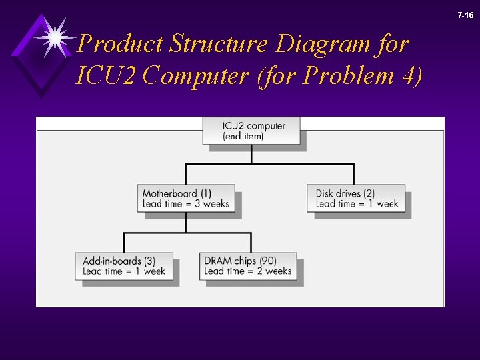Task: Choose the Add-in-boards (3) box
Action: coord(124,266)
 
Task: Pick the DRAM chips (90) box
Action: coord(248,266)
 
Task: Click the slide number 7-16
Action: coord(465,15)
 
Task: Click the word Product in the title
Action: coord(120,45)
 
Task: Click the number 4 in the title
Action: coord(407,76)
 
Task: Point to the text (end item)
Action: coord(243,136)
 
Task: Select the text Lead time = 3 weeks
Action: coord(185,204)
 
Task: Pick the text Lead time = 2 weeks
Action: coord(248,271)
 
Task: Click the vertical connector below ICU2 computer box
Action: coord(251,154)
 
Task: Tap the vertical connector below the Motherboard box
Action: coord(185,223)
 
